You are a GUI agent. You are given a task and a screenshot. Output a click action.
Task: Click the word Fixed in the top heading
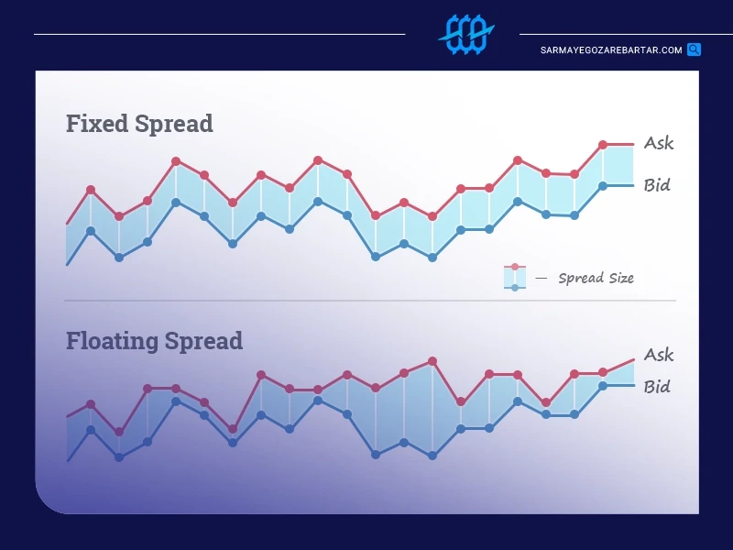[x=97, y=124]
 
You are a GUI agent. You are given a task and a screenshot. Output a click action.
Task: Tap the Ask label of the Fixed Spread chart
[x=659, y=143]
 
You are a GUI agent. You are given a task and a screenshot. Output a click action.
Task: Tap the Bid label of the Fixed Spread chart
[x=657, y=185]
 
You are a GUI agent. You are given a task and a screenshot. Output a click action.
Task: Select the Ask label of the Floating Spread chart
[x=659, y=355]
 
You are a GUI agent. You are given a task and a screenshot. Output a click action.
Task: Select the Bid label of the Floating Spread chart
[x=657, y=387]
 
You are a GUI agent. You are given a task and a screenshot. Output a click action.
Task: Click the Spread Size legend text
[x=596, y=279]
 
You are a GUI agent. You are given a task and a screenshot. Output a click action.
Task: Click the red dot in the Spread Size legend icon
[x=515, y=267]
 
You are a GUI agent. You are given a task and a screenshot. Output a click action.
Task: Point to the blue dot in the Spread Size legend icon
[x=515, y=288]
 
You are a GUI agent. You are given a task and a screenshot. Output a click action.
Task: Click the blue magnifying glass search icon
[x=695, y=49]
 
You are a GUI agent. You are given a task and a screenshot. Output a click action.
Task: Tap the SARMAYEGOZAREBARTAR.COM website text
[x=611, y=50]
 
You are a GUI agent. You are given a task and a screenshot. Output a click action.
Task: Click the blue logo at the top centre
[x=466, y=34]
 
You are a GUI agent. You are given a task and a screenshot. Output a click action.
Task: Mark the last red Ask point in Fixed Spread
[x=603, y=145]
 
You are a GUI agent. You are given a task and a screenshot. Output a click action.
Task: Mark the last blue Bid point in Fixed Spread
[x=603, y=186]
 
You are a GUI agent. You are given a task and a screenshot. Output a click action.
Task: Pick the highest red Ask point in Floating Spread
[x=432, y=361]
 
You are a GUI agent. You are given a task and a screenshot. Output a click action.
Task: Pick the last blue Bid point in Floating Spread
[x=603, y=386]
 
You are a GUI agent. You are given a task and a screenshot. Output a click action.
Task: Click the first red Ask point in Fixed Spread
[x=91, y=190]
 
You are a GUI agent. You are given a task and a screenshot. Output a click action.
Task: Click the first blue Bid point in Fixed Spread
[x=91, y=231]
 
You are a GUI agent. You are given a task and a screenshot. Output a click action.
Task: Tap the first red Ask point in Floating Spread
[x=91, y=404]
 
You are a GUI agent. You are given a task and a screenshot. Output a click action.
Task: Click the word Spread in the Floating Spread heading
[x=203, y=341]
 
